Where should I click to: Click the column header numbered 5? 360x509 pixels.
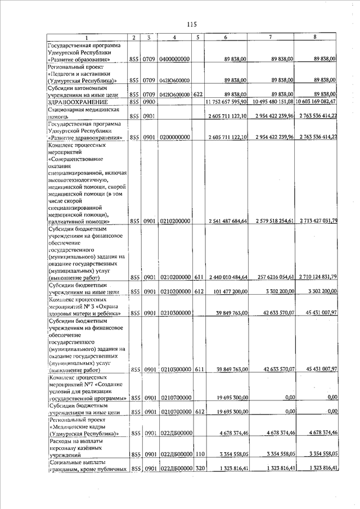point(197,37)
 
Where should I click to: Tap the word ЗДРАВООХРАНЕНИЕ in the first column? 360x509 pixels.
point(74,101)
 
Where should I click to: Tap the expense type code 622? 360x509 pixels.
point(197,94)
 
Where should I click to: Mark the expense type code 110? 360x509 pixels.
point(197,453)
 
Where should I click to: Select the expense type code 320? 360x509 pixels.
point(197,468)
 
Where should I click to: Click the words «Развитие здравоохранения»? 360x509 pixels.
point(82,137)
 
